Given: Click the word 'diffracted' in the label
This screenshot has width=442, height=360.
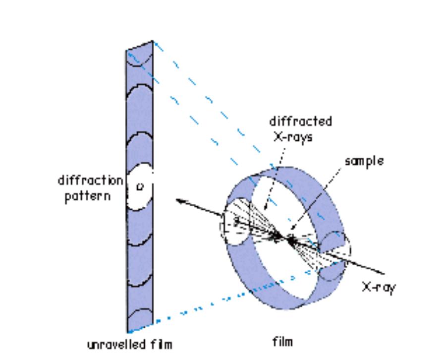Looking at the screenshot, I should (x=300, y=121).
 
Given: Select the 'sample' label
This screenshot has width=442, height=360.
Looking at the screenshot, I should (x=364, y=162).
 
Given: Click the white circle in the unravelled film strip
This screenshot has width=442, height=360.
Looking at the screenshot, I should (x=139, y=188).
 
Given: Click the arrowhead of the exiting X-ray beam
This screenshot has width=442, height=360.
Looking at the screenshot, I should (x=179, y=200).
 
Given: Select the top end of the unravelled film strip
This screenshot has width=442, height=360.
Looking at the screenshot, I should (x=140, y=46).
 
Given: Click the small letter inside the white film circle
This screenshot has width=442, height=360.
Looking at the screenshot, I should (x=139, y=187).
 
